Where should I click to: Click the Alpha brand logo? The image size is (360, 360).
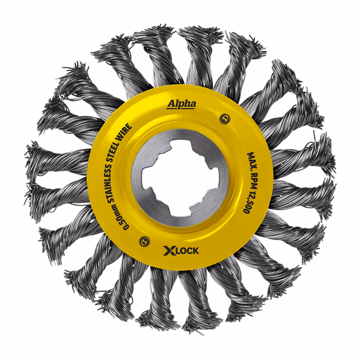point(181,104)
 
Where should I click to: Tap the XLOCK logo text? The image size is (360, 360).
point(181,251)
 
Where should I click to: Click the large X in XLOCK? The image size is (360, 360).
point(168,251)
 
